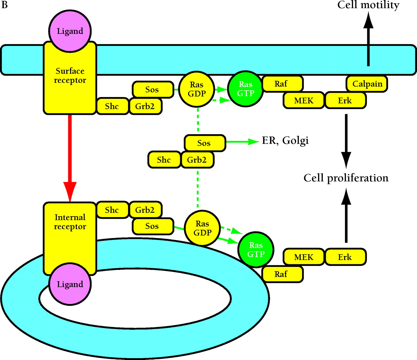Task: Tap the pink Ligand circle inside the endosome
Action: pyautogui.click(x=70, y=284)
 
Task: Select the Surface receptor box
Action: pyautogui.click(x=70, y=78)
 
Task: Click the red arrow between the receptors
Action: pyautogui.click(x=70, y=156)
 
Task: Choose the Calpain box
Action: pyautogui.click(x=367, y=84)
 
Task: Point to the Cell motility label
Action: pyautogui.click(x=368, y=5)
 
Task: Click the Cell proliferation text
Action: pyautogui.click(x=346, y=178)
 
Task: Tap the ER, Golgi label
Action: pyautogui.click(x=285, y=140)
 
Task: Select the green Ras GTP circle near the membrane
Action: pyautogui.click(x=245, y=89)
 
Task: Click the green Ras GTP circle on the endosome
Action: pyautogui.click(x=256, y=250)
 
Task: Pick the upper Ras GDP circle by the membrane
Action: pyautogui.click(x=197, y=89)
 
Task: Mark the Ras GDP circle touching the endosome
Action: pyautogui.click(x=202, y=228)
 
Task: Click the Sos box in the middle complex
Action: pyautogui.click(x=205, y=143)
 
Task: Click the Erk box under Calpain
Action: pyautogui.click(x=345, y=101)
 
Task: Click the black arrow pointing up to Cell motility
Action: pyautogui.click(x=368, y=39)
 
